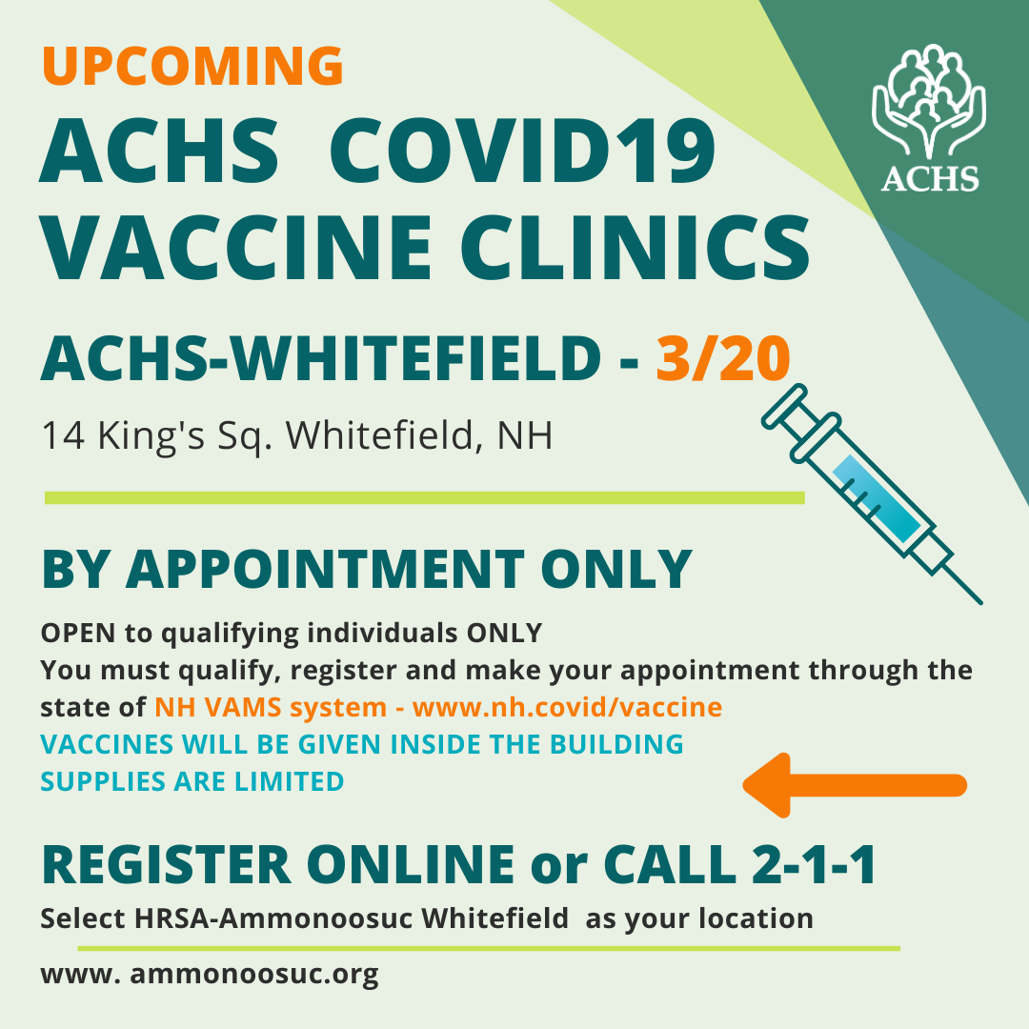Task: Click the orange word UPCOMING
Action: click(x=192, y=66)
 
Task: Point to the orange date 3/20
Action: click(x=722, y=358)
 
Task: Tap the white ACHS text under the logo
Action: click(x=929, y=178)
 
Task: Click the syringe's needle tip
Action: click(x=981, y=602)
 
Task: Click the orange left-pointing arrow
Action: click(x=855, y=785)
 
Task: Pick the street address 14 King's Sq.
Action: click(x=156, y=435)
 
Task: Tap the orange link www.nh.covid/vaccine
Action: click(x=567, y=707)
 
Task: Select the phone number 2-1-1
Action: click(x=813, y=864)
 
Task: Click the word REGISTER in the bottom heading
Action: click(x=167, y=865)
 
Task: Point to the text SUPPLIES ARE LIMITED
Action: click(x=192, y=781)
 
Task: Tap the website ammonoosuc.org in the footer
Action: click(x=254, y=974)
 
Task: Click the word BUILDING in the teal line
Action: click(x=616, y=744)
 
